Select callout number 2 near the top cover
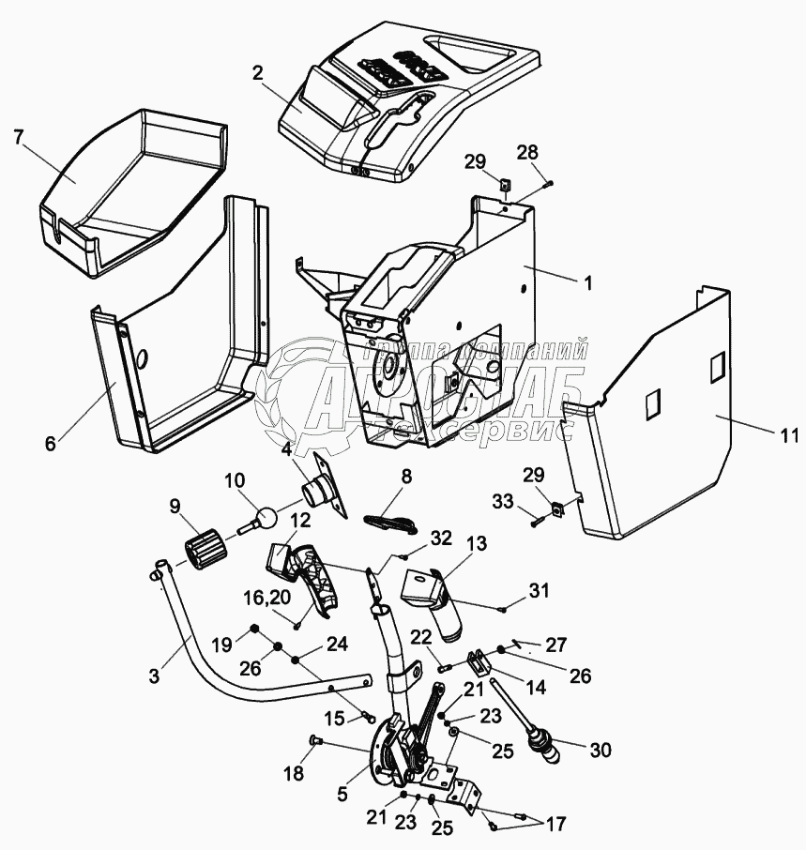click(x=259, y=73)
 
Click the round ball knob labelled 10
click(x=266, y=517)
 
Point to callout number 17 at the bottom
click(x=555, y=825)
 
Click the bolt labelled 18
click(x=315, y=742)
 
